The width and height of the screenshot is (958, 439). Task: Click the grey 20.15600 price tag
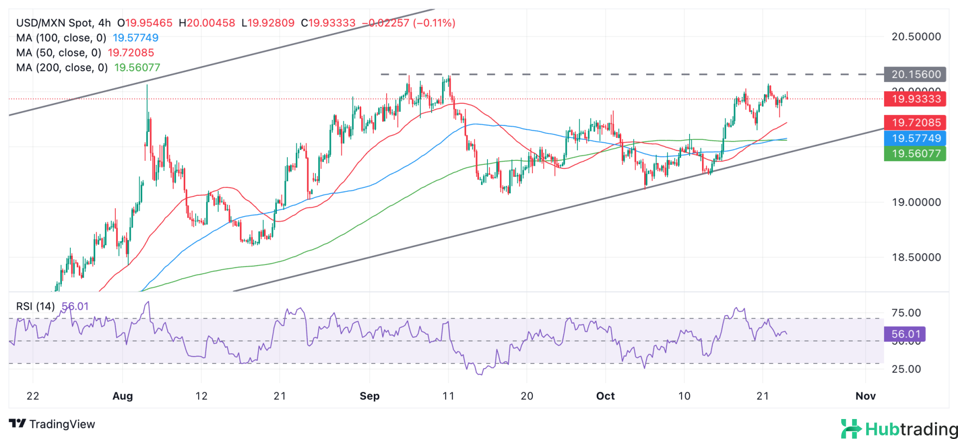tap(915, 74)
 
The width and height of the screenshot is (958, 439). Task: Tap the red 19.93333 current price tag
tap(915, 99)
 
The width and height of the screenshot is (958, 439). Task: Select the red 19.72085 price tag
tap(915, 122)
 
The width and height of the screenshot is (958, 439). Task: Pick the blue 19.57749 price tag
tap(915, 138)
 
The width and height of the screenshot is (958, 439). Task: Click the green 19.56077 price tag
tap(915, 153)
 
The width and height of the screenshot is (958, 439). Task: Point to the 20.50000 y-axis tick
tap(916, 36)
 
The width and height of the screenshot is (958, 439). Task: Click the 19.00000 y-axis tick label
tap(916, 202)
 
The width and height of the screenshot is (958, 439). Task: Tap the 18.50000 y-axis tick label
tap(916, 257)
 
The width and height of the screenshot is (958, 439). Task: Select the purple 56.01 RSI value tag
tap(905, 334)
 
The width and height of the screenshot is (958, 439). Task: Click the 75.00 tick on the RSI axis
tap(906, 313)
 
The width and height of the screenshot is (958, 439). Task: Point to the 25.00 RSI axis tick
tap(906, 369)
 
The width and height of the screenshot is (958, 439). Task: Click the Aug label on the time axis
tap(123, 396)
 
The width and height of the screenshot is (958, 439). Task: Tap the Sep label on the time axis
tap(370, 396)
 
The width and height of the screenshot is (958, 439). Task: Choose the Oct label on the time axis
tap(605, 396)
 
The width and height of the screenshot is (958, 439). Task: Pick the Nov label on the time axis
tap(865, 396)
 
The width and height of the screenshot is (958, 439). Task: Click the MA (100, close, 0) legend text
tap(61, 38)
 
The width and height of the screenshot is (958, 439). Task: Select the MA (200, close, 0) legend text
tap(62, 67)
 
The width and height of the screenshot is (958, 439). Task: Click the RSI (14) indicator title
tap(35, 306)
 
